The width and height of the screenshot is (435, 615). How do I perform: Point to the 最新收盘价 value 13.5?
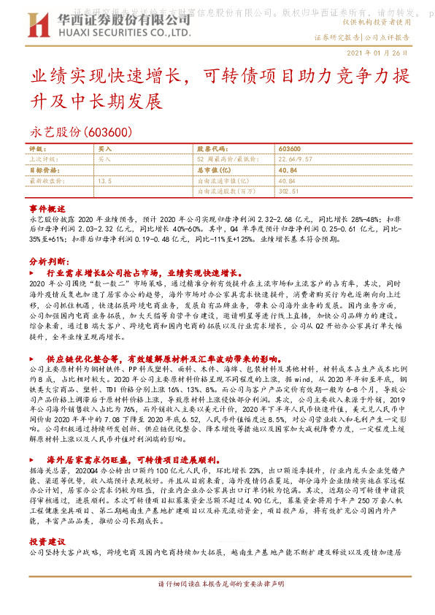coord(104,179)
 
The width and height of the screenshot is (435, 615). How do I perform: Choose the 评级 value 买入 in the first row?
coord(104,148)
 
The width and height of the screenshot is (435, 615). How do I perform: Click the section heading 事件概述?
coord(47,208)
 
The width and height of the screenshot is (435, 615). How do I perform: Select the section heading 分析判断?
coord(49,260)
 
